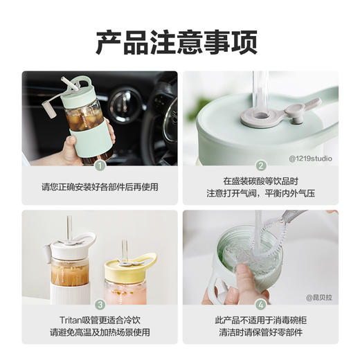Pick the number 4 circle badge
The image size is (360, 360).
(261, 304)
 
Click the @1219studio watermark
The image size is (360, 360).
(310, 159)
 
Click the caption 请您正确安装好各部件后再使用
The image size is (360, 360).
(100, 186)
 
